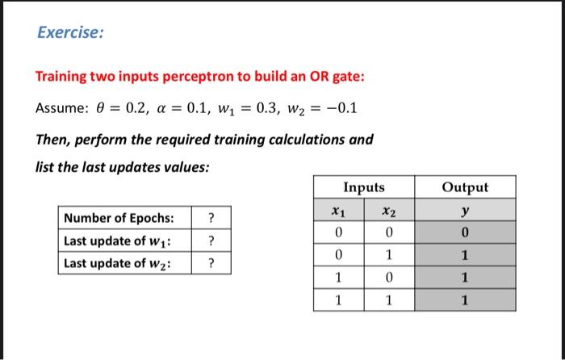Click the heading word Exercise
click(70, 33)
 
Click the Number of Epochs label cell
click(125, 219)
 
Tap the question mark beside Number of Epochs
click(211, 219)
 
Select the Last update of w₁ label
click(125, 241)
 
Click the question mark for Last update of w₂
click(211, 263)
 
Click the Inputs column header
click(364, 187)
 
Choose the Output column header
click(466, 187)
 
